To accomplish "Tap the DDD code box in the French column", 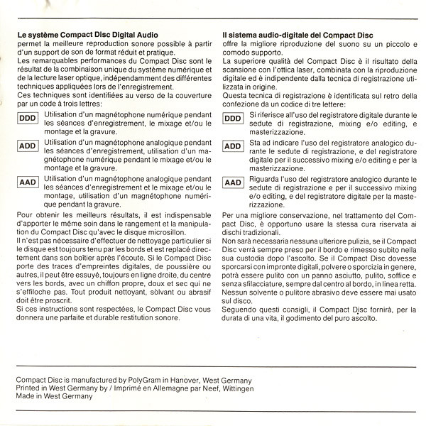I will [x=27, y=118].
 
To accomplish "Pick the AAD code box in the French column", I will [x=27, y=183].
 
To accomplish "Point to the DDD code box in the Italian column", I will [x=233, y=118].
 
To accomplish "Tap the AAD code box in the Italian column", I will [x=233, y=183].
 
